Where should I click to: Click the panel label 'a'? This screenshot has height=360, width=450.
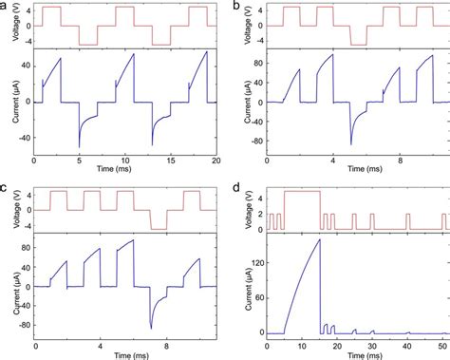click(x=5, y=7)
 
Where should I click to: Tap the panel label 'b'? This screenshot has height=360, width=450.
click(x=236, y=7)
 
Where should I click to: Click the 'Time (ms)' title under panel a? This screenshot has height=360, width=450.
click(x=121, y=171)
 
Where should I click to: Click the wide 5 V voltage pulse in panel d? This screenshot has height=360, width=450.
click(x=302, y=192)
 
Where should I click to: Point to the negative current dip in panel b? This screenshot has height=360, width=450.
click(x=351, y=143)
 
